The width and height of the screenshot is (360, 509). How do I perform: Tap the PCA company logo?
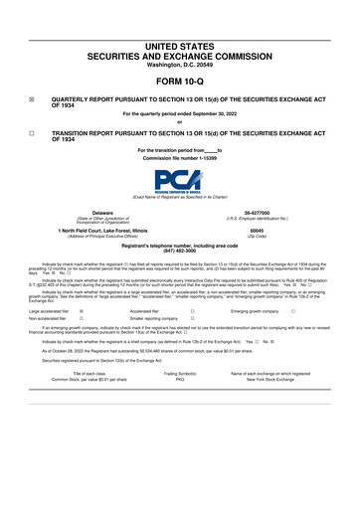click(179, 182)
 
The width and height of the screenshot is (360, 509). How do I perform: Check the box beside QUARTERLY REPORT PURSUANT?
click(32, 100)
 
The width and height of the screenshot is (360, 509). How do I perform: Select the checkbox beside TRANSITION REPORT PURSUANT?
click(32, 131)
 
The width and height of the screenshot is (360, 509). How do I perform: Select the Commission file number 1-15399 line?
click(179, 159)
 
